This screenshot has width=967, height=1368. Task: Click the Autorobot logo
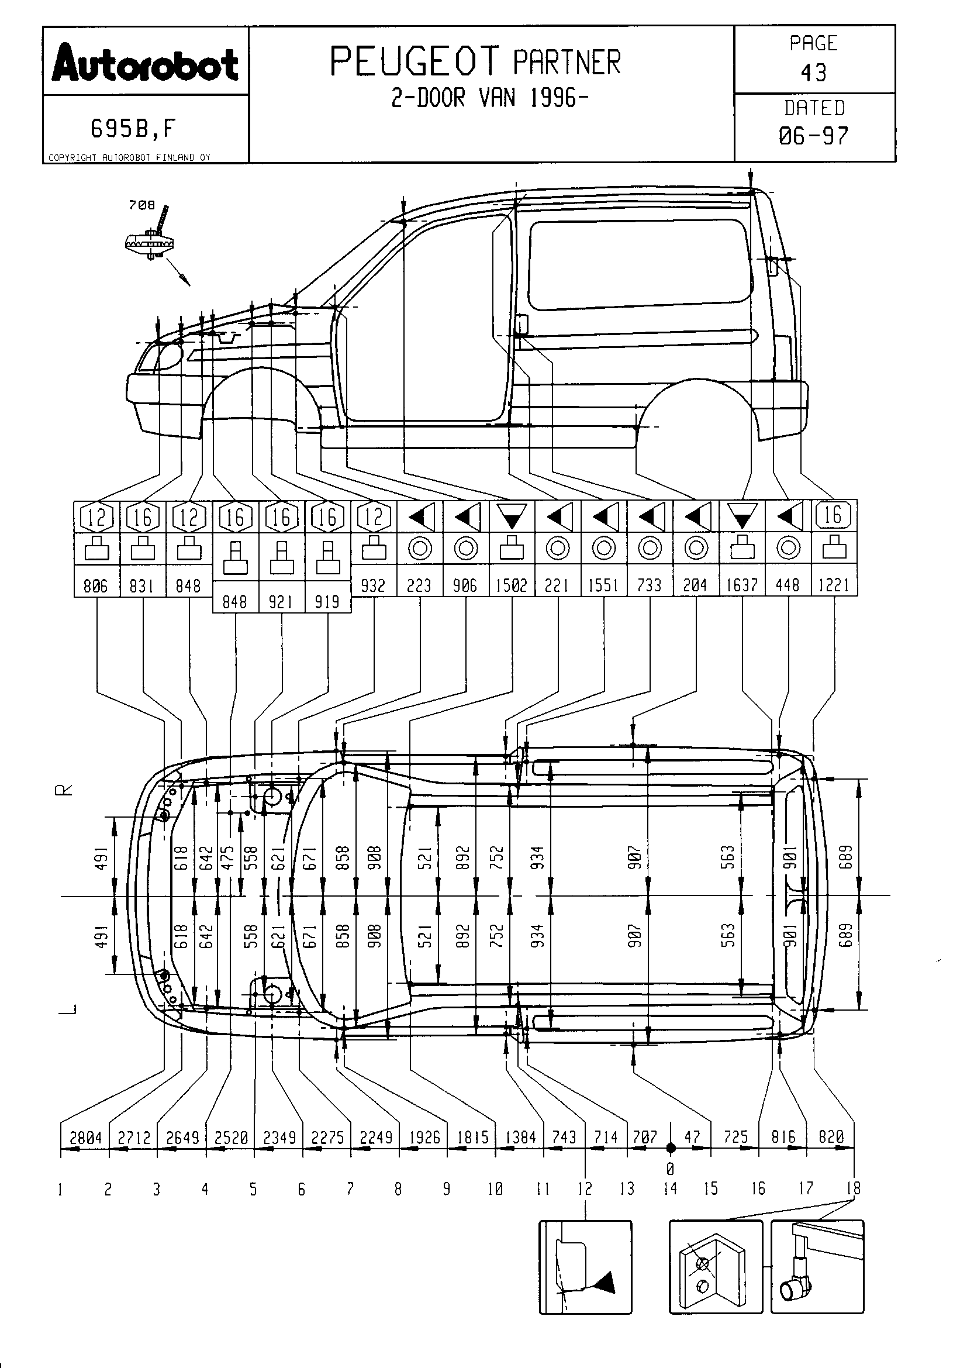coord(146,64)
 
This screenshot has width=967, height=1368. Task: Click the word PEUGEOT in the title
coord(415,61)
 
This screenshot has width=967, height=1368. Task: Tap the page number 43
coord(814,73)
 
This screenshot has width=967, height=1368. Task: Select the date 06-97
coord(813,136)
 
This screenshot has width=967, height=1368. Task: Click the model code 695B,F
coord(133,128)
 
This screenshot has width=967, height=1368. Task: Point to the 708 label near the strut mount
coord(141,205)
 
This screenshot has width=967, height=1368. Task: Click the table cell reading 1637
coord(742,585)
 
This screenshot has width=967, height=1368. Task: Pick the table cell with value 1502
coord(512,585)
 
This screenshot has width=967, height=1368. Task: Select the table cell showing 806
coord(96,585)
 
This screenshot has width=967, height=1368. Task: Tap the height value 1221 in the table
coord(834,585)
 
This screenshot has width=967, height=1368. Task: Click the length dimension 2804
coord(86,1138)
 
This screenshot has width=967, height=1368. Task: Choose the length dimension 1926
coord(424,1138)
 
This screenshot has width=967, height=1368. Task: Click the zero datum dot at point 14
coord(671,1148)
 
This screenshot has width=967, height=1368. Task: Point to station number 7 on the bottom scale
coord(350,1189)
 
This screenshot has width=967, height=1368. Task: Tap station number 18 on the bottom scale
coord(854,1188)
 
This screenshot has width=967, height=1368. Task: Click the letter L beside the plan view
coord(69,1009)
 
